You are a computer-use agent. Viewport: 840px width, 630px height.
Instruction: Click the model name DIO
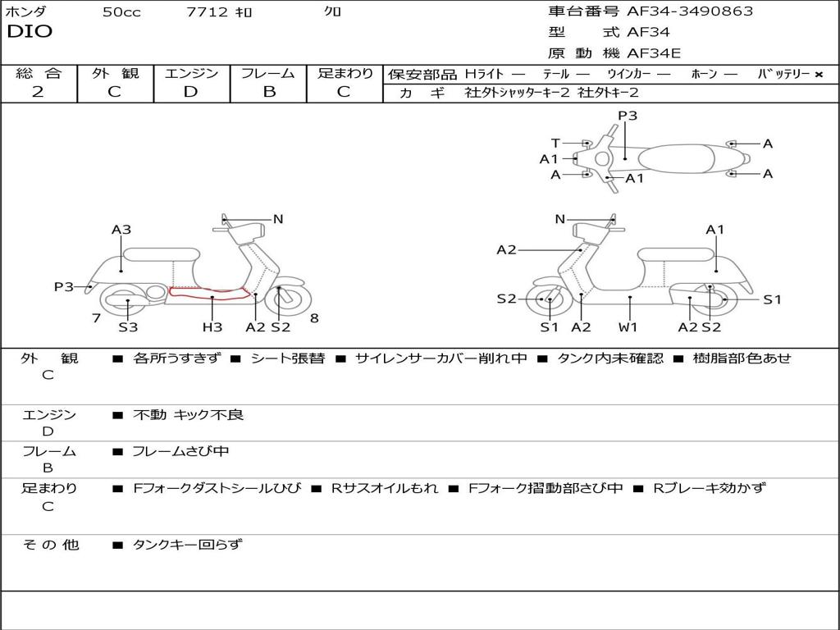(x=30, y=32)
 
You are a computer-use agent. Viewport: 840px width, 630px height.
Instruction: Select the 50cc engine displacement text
(x=121, y=12)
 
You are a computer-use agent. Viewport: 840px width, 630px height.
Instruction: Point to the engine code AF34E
(x=654, y=53)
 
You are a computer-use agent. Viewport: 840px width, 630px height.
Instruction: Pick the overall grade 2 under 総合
(x=38, y=92)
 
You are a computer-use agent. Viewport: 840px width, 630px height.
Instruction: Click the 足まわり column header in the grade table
(x=345, y=74)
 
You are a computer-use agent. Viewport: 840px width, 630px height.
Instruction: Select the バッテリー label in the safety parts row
(x=783, y=75)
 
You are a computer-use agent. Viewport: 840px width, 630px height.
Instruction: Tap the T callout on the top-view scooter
(x=555, y=144)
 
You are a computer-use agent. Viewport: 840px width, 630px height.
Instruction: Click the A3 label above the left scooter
(x=121, y=230)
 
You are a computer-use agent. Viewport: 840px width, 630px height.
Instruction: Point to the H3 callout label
(x=212, y=326)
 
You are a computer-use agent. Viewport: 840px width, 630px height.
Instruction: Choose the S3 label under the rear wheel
(x=128, y=326)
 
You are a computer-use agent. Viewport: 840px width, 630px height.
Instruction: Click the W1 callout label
(x=628, y=326)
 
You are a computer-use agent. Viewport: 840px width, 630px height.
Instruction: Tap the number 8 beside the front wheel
(x=314, y=318)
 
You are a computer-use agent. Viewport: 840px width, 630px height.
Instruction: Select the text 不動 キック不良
(x=189, y=415)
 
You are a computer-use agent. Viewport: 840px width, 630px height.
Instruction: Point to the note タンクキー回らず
(x=187, y=545)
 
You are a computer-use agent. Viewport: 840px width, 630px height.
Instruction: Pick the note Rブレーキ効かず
(x=710, y=488)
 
